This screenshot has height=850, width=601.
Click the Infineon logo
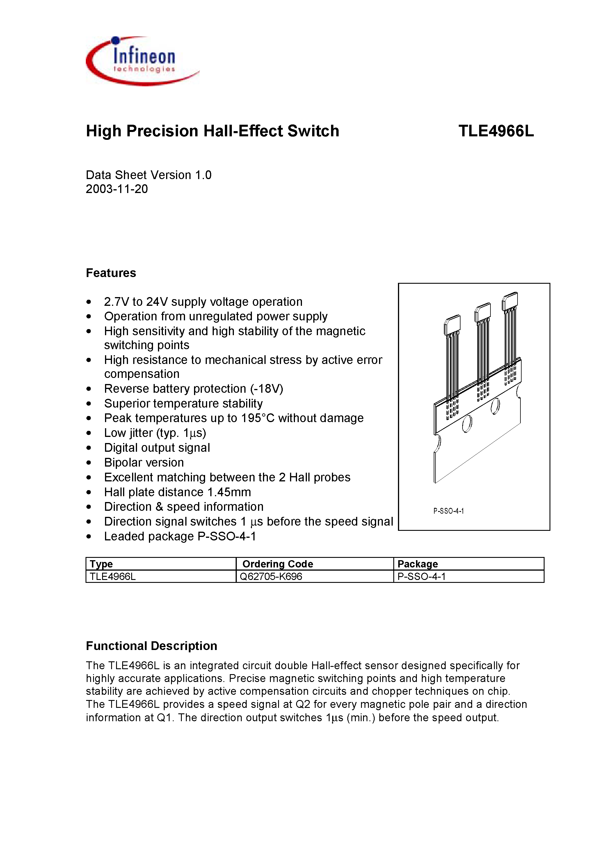click(143, 61)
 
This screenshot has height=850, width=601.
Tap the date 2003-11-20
click(117, 189)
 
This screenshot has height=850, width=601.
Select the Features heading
click(111, 273)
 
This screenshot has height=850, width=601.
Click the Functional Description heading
click(151, 646)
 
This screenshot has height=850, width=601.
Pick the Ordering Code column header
click(278, 564)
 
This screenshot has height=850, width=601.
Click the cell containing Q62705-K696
click(271, 576)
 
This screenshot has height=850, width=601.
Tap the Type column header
click(101, 564)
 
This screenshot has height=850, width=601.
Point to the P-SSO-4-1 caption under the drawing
click(448, 511)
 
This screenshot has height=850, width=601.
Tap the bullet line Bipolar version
click(144, 462)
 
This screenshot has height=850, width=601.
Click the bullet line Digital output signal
click(157, 448)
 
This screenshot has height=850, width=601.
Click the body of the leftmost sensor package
click(452, 325)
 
